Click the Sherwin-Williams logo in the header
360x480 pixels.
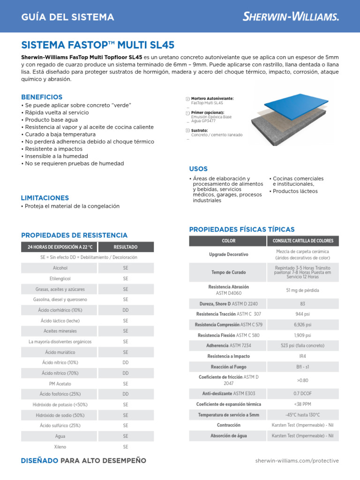click(x=291, y=17)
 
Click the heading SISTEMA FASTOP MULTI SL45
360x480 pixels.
click(x=98, y=45)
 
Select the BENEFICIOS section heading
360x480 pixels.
click(x=42, y=97)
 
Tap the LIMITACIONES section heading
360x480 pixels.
click(x=45, y=198)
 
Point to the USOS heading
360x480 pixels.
click(x=198, y=169)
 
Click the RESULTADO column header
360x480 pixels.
click(x=126, y=247)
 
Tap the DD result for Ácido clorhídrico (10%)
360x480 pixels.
click(x=126, y=310)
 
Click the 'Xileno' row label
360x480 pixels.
click(x=60, y=447)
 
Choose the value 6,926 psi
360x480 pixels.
click(x=302, y=324)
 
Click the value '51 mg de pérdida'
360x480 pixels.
click(x=302, y=290)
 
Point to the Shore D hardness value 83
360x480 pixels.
click(x=302, y=304)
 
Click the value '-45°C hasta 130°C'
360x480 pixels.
click(x=302, y=415)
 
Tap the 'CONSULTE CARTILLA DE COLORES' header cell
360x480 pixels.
click(x=302, y=241)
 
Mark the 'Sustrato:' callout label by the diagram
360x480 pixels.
click(x=200, y=130)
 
